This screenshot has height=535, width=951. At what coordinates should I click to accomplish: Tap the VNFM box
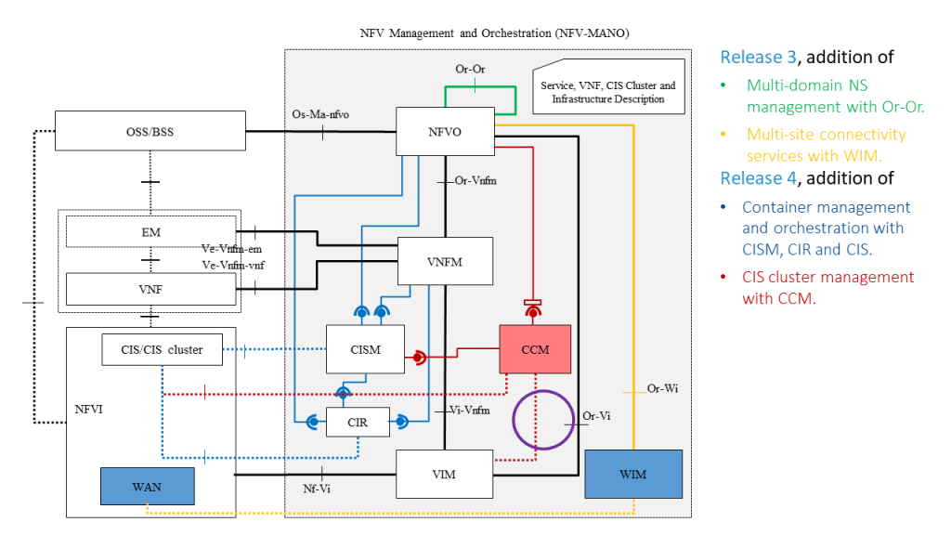tap(444, 262)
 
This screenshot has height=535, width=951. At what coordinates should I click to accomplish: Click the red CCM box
tap(535, 350)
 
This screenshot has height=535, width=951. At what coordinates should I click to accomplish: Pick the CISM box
tap(365, 350)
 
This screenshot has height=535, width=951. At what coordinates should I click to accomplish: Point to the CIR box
tap(358, 423)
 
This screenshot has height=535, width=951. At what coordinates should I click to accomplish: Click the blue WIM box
tap(633, 474)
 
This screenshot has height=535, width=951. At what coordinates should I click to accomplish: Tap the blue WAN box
tap(147, 486)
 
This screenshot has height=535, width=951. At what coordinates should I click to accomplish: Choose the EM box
tap(150, 232)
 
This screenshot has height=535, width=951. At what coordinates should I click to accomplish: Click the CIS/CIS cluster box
tap(163, 349)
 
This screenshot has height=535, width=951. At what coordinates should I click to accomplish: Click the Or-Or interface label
tap(470, 69)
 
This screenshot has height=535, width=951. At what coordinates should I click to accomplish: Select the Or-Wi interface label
tap(662, 388)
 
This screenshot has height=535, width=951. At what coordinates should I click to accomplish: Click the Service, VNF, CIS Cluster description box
tap(607, 91)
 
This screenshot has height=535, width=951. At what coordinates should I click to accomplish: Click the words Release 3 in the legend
tap(758, 57)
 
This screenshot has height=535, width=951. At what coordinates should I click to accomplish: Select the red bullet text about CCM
tap(827, 287)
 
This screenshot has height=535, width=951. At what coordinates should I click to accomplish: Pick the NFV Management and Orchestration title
tap(494, 33)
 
